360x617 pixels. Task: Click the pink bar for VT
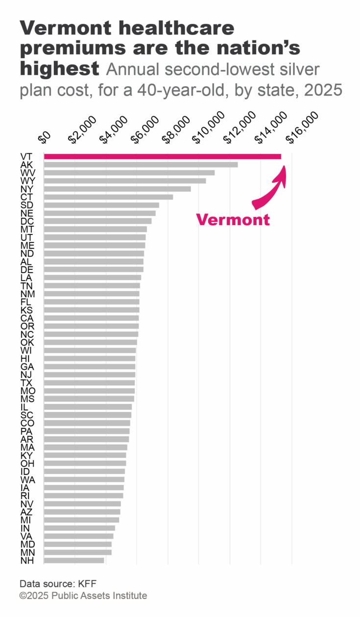click(x=162, y=157)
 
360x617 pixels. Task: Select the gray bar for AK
click(x=141, y=165)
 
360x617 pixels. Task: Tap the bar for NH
click(x=74, y=560)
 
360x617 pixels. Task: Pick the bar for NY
click(x=117, y=189)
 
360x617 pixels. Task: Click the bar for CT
click(x=108, y=197)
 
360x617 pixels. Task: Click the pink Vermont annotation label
click(x=233, y=220)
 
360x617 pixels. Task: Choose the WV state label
click(x=28, y=173)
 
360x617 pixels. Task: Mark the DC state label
click(x=27, y=221)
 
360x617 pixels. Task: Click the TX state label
click(x=27, y=382)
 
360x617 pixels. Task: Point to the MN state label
click(x=27, y=552)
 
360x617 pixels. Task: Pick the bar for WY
click(x=124, y=181)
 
